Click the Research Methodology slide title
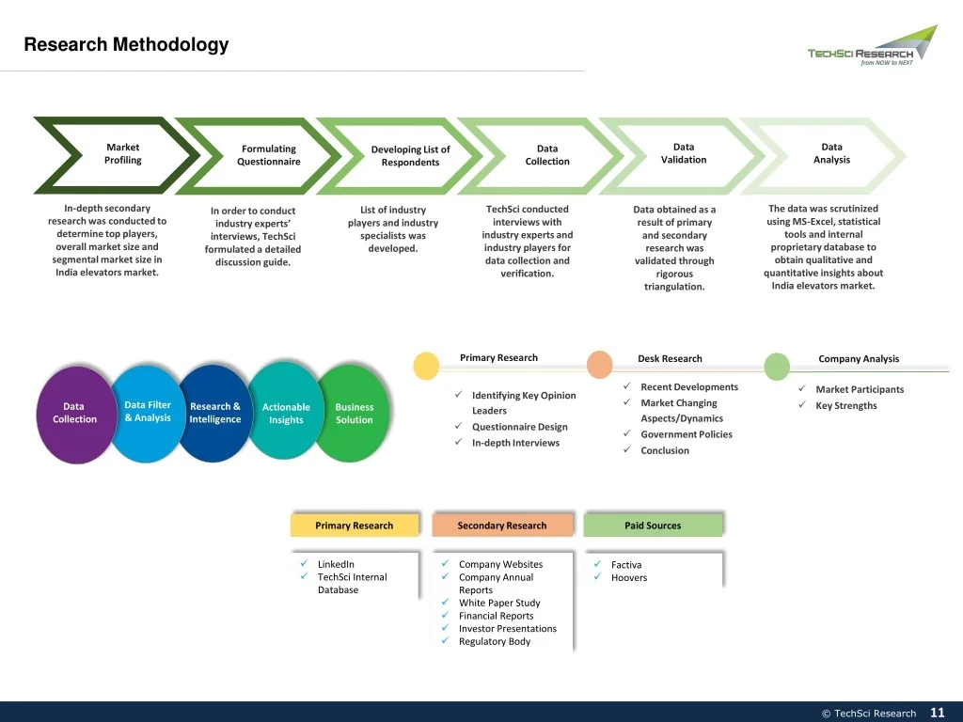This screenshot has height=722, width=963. (126, 44)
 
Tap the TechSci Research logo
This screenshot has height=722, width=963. (872, 46)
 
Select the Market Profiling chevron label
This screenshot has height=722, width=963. (123, 153)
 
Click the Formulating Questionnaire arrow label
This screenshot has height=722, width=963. (269, 155)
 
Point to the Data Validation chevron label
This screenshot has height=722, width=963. (684, 153)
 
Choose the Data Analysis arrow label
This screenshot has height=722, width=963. (831, 153)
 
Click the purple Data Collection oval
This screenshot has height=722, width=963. (75, 414)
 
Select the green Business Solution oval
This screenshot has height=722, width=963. (354, 413)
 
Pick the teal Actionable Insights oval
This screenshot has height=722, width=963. (286, 412)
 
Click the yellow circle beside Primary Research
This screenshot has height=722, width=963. (426, 366)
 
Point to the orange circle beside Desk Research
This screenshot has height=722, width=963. (599, 365)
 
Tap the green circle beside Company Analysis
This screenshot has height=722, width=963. (777, 367)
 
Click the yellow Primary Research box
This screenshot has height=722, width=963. (355, 525)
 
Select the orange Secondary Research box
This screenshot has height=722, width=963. (502, 525)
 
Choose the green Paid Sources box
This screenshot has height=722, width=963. (653, 525)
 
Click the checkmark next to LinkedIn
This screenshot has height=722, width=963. (304, 563)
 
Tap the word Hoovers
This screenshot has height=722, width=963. (629, 578)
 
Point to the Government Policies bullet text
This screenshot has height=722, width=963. (687, 434)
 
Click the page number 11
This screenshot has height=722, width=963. (938, 713)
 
